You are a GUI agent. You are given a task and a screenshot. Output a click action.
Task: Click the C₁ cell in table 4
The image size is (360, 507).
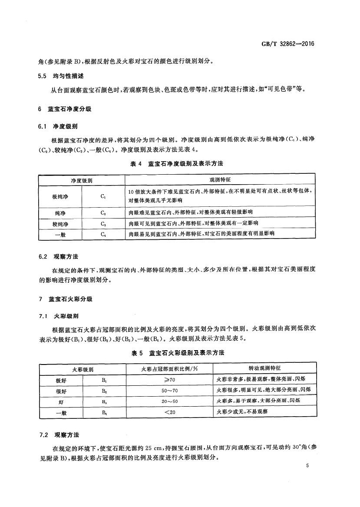click(103, 196)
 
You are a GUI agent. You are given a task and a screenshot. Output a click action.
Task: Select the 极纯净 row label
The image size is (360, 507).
click(60, 196)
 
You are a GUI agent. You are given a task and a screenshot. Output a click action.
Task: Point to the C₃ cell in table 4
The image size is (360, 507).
click(103, 223)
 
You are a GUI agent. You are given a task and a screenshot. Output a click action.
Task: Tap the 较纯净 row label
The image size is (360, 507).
click(60, 223)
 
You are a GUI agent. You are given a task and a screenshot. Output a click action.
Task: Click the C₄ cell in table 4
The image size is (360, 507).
click(103, 234)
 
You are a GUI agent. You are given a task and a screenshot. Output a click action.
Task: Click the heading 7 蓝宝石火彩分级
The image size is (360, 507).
click(64, 299)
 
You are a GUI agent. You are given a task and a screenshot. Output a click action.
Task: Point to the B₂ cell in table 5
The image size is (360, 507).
click(104, 391)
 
